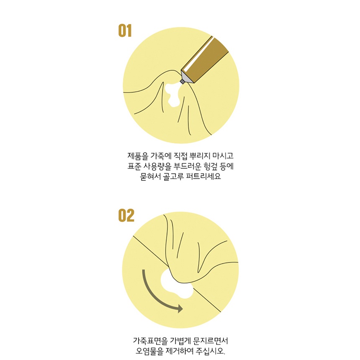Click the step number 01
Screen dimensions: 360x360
(x=125, y=31)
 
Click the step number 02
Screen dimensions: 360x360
(x=126, y=215)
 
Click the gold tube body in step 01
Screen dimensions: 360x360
(x=204, y=60)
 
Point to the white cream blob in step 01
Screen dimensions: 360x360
(x=172, y=94)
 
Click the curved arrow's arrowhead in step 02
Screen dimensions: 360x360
(x=179, y=309)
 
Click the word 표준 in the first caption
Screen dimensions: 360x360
(x=134, y=166)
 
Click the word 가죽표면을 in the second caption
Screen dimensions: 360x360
(x=150, y=340)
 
